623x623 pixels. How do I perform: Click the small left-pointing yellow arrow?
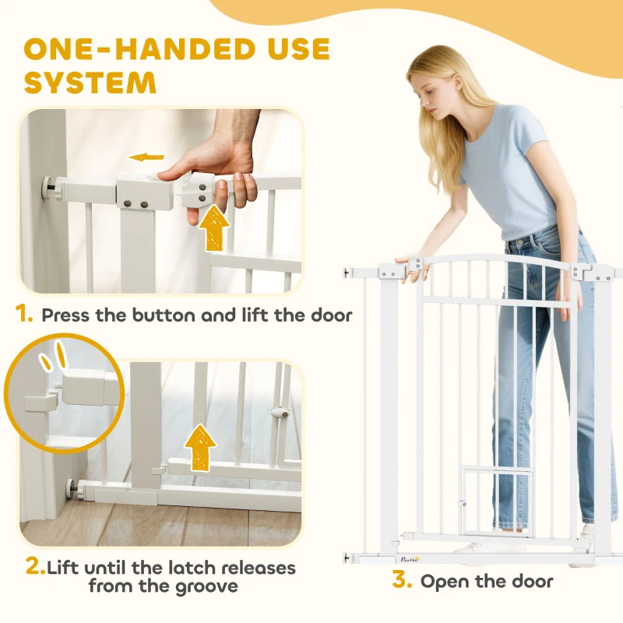tap(146, 157)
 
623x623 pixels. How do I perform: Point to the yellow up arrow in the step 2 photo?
tap(201, 446)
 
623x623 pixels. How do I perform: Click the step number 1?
tap(26, 315)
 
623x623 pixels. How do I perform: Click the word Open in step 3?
tap(447, 581)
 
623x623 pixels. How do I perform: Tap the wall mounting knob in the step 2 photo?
tap(76, 487)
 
